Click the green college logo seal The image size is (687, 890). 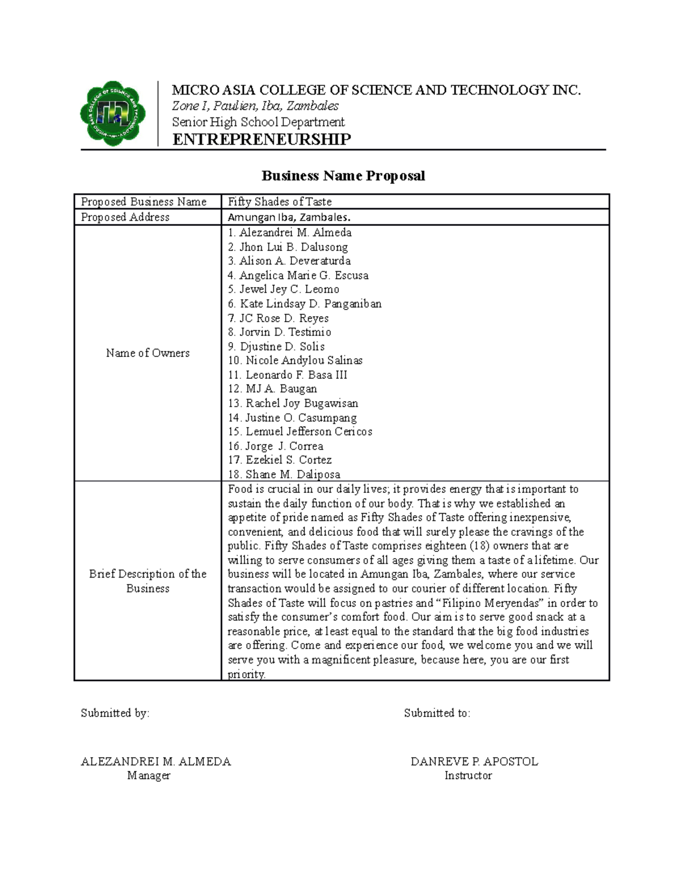[x=112, y=113]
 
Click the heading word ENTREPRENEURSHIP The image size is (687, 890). [x=262, y=139]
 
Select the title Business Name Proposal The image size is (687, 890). [x=343, y=175]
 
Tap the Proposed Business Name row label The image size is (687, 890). [x=144, y=202]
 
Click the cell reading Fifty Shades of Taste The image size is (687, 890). [x=279, y=202]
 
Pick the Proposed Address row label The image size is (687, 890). [x=125, y=217]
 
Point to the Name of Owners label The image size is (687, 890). [x=148, y=353]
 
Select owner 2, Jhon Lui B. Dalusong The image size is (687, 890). [x=287, y=247]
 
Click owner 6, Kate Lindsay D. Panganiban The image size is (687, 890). [x=305, y=304]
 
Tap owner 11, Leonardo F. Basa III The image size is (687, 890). [x=287, y=375]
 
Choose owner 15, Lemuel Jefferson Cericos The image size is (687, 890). [x=300, y=432]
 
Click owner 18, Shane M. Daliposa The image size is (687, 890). [x=284, y=474]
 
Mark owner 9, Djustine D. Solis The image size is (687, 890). [x=276, y=346]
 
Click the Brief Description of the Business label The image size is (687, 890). [x=148, y=581]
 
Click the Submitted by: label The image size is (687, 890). [x=114, y=713]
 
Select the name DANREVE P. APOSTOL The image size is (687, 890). [x=474, y=762]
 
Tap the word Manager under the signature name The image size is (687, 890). [x=149, y=775]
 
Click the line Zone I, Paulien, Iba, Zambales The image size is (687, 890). [x=255, y=106]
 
